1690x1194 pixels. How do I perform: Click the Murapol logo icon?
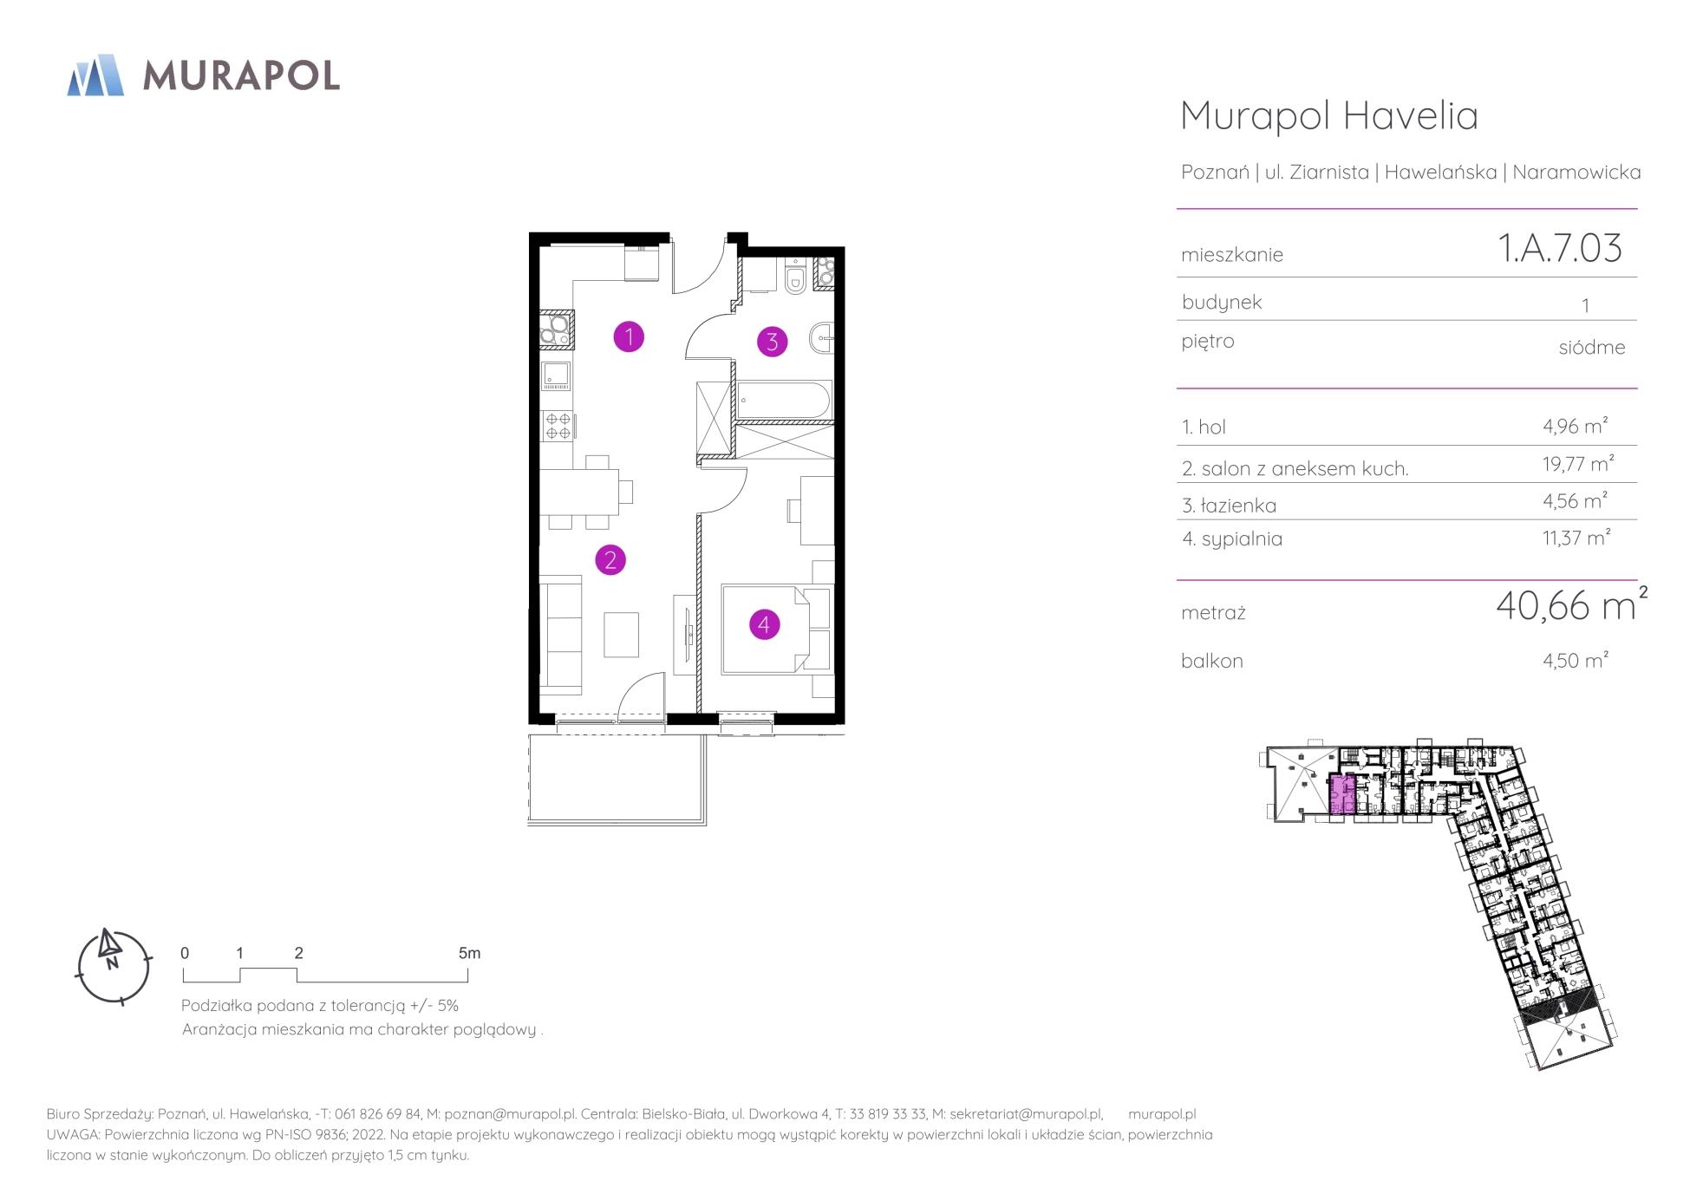pyautogui.click(x=95, y=75)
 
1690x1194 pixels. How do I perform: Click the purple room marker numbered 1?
pyautogui.click(x=629, y=336)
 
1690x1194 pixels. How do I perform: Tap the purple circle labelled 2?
pyautogui.click(x=610, y=560)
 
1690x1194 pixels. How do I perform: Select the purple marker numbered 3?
pyautogui.click(x=773, y=342)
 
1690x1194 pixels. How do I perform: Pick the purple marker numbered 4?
pyautogui.click(x=764, y=623)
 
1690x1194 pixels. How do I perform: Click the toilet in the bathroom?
pyautogui.click(x=795, y=277)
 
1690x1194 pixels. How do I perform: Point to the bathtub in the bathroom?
pyautogui.click(x=783, y=401)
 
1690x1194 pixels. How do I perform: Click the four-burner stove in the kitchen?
pyautogui.click(x=558, y=426)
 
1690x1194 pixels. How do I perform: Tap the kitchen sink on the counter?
pyautogui.click(x=556, y=375)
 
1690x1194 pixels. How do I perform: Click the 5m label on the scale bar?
pyautogui.click(x=469, y=953)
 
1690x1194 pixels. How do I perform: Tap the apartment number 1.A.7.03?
pyautogui.click(x=1560, y=248)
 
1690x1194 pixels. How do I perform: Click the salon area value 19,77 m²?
pyautogui.click(x=1578, y=464)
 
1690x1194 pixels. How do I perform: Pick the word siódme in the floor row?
pyautogui.click(x=1592, y=347)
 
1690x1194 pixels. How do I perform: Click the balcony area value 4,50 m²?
pyautogui.click(x=1576, y=660)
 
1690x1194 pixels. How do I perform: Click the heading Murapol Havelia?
pyautogui.click(x=1329, y=115)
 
